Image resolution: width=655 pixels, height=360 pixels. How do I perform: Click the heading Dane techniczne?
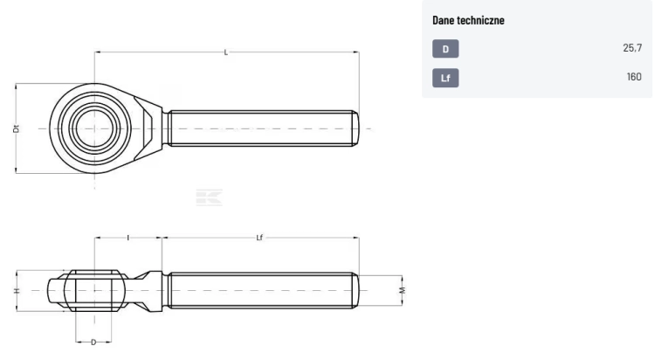click(x=468, y=20)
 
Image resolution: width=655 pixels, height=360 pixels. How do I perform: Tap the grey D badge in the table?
click(x=445, y=49)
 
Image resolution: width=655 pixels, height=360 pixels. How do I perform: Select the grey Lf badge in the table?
click(x=445, y=78)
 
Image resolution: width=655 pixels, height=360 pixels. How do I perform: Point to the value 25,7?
click(x=632, y=48)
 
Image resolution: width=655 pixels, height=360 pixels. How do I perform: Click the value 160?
click(x=634, y=77)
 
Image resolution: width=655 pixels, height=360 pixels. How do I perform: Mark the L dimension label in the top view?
click(x=226, y=52)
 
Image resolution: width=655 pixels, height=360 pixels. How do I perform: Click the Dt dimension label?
click(x=17, y=128)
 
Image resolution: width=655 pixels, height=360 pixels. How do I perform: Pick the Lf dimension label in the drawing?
click(x=259, y=238)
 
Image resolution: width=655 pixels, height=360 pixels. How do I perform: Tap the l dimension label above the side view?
click(x=128, y=238)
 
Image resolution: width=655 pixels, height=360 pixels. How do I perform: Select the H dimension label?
click(x=17, y=290)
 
